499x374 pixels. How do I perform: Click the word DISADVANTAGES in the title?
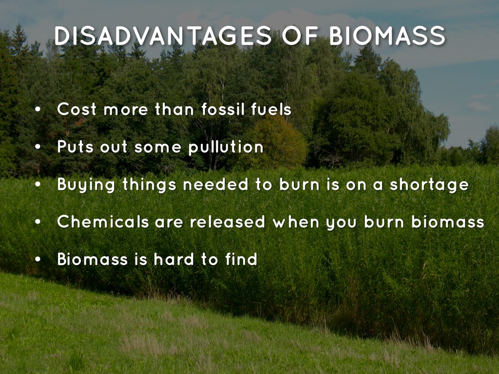163,36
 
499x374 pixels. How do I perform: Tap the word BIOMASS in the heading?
387,36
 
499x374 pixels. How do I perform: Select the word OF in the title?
300,36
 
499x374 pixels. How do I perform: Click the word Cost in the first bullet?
77,109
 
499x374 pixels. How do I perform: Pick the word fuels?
271,109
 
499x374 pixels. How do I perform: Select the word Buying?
86,185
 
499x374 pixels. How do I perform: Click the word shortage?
429,185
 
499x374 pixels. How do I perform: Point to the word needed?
215,184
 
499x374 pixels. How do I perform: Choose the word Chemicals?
103,222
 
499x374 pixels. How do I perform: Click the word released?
227,222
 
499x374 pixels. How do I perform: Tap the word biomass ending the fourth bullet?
448,222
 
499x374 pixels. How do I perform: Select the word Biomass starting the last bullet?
93,259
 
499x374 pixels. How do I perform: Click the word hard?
174,259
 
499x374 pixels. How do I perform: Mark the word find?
241,259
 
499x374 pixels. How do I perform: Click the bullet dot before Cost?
38,110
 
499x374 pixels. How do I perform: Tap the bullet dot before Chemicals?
38,222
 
